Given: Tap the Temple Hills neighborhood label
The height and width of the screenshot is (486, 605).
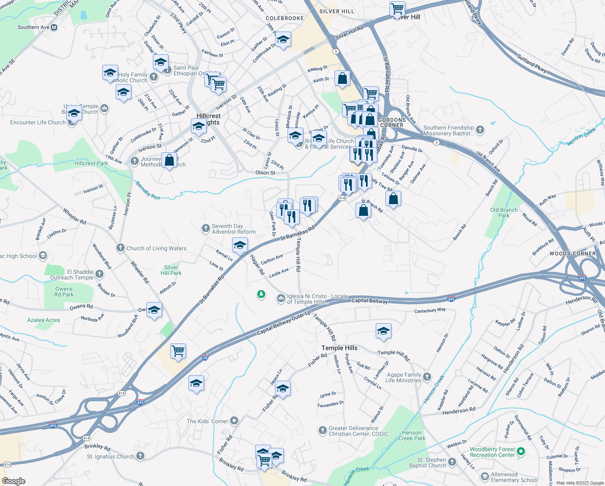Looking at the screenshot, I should (x=339, y=348).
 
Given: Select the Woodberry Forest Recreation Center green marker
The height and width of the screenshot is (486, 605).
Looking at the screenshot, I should (x=521, y=451).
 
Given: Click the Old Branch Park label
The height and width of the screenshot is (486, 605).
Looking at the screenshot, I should (x=503, y=213).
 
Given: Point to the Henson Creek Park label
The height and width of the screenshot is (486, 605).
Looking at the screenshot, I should (x=412, y=435).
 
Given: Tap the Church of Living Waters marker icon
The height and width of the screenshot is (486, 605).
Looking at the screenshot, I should (x=120, y=248).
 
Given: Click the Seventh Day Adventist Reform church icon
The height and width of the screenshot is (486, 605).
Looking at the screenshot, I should (x=206, y=228).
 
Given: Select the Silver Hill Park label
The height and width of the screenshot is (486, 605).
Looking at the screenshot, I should (x=171, y=270).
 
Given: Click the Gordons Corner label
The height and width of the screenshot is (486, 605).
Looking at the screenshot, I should (x=391, y=122).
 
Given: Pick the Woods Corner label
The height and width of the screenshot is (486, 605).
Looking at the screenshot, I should (x=572, y=254).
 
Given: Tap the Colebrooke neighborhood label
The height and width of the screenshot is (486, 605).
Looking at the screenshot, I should (x=285, y=18).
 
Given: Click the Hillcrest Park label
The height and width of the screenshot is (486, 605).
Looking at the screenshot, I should (x=91, y=163).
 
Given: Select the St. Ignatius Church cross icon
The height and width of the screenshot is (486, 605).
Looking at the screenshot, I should (x=140, y=456).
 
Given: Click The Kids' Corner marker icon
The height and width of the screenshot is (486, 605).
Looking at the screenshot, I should (x=234, y=421).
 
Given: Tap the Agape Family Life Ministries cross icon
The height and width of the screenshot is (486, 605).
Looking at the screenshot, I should (x=427, y=377).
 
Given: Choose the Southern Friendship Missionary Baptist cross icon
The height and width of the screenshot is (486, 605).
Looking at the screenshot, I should (x=480, y=130).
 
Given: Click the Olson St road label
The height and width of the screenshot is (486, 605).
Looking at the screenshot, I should (x=265, y=173).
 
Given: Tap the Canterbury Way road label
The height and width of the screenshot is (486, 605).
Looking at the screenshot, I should (x=430, y=310).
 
